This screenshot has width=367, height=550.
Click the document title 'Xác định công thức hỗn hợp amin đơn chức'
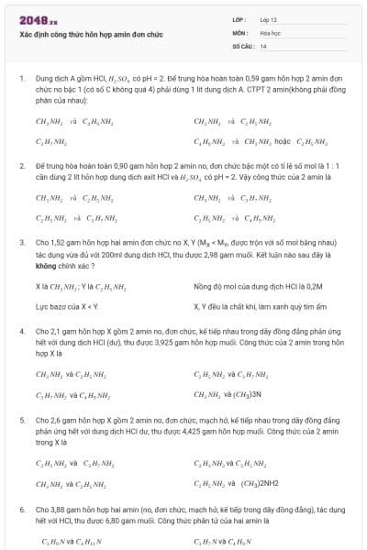[x=103, y=34]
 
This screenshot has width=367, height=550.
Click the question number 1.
[x=21, y=79]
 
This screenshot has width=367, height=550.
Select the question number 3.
[x=21, y=241]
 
